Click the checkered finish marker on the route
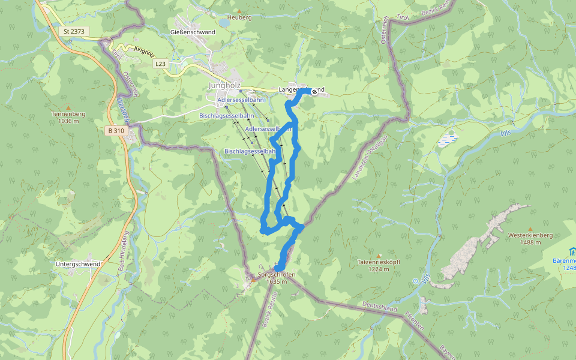coord(314,91)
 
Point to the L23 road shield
coord(160,63)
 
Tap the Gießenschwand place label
coord(193,32)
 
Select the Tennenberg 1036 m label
coord(65,117)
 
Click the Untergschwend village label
coord(77,264)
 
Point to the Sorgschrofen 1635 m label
coord(277,278)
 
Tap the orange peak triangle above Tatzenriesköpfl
coord(379,255)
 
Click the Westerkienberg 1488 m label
coord(530,238)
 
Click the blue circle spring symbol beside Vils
coord(415,280)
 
